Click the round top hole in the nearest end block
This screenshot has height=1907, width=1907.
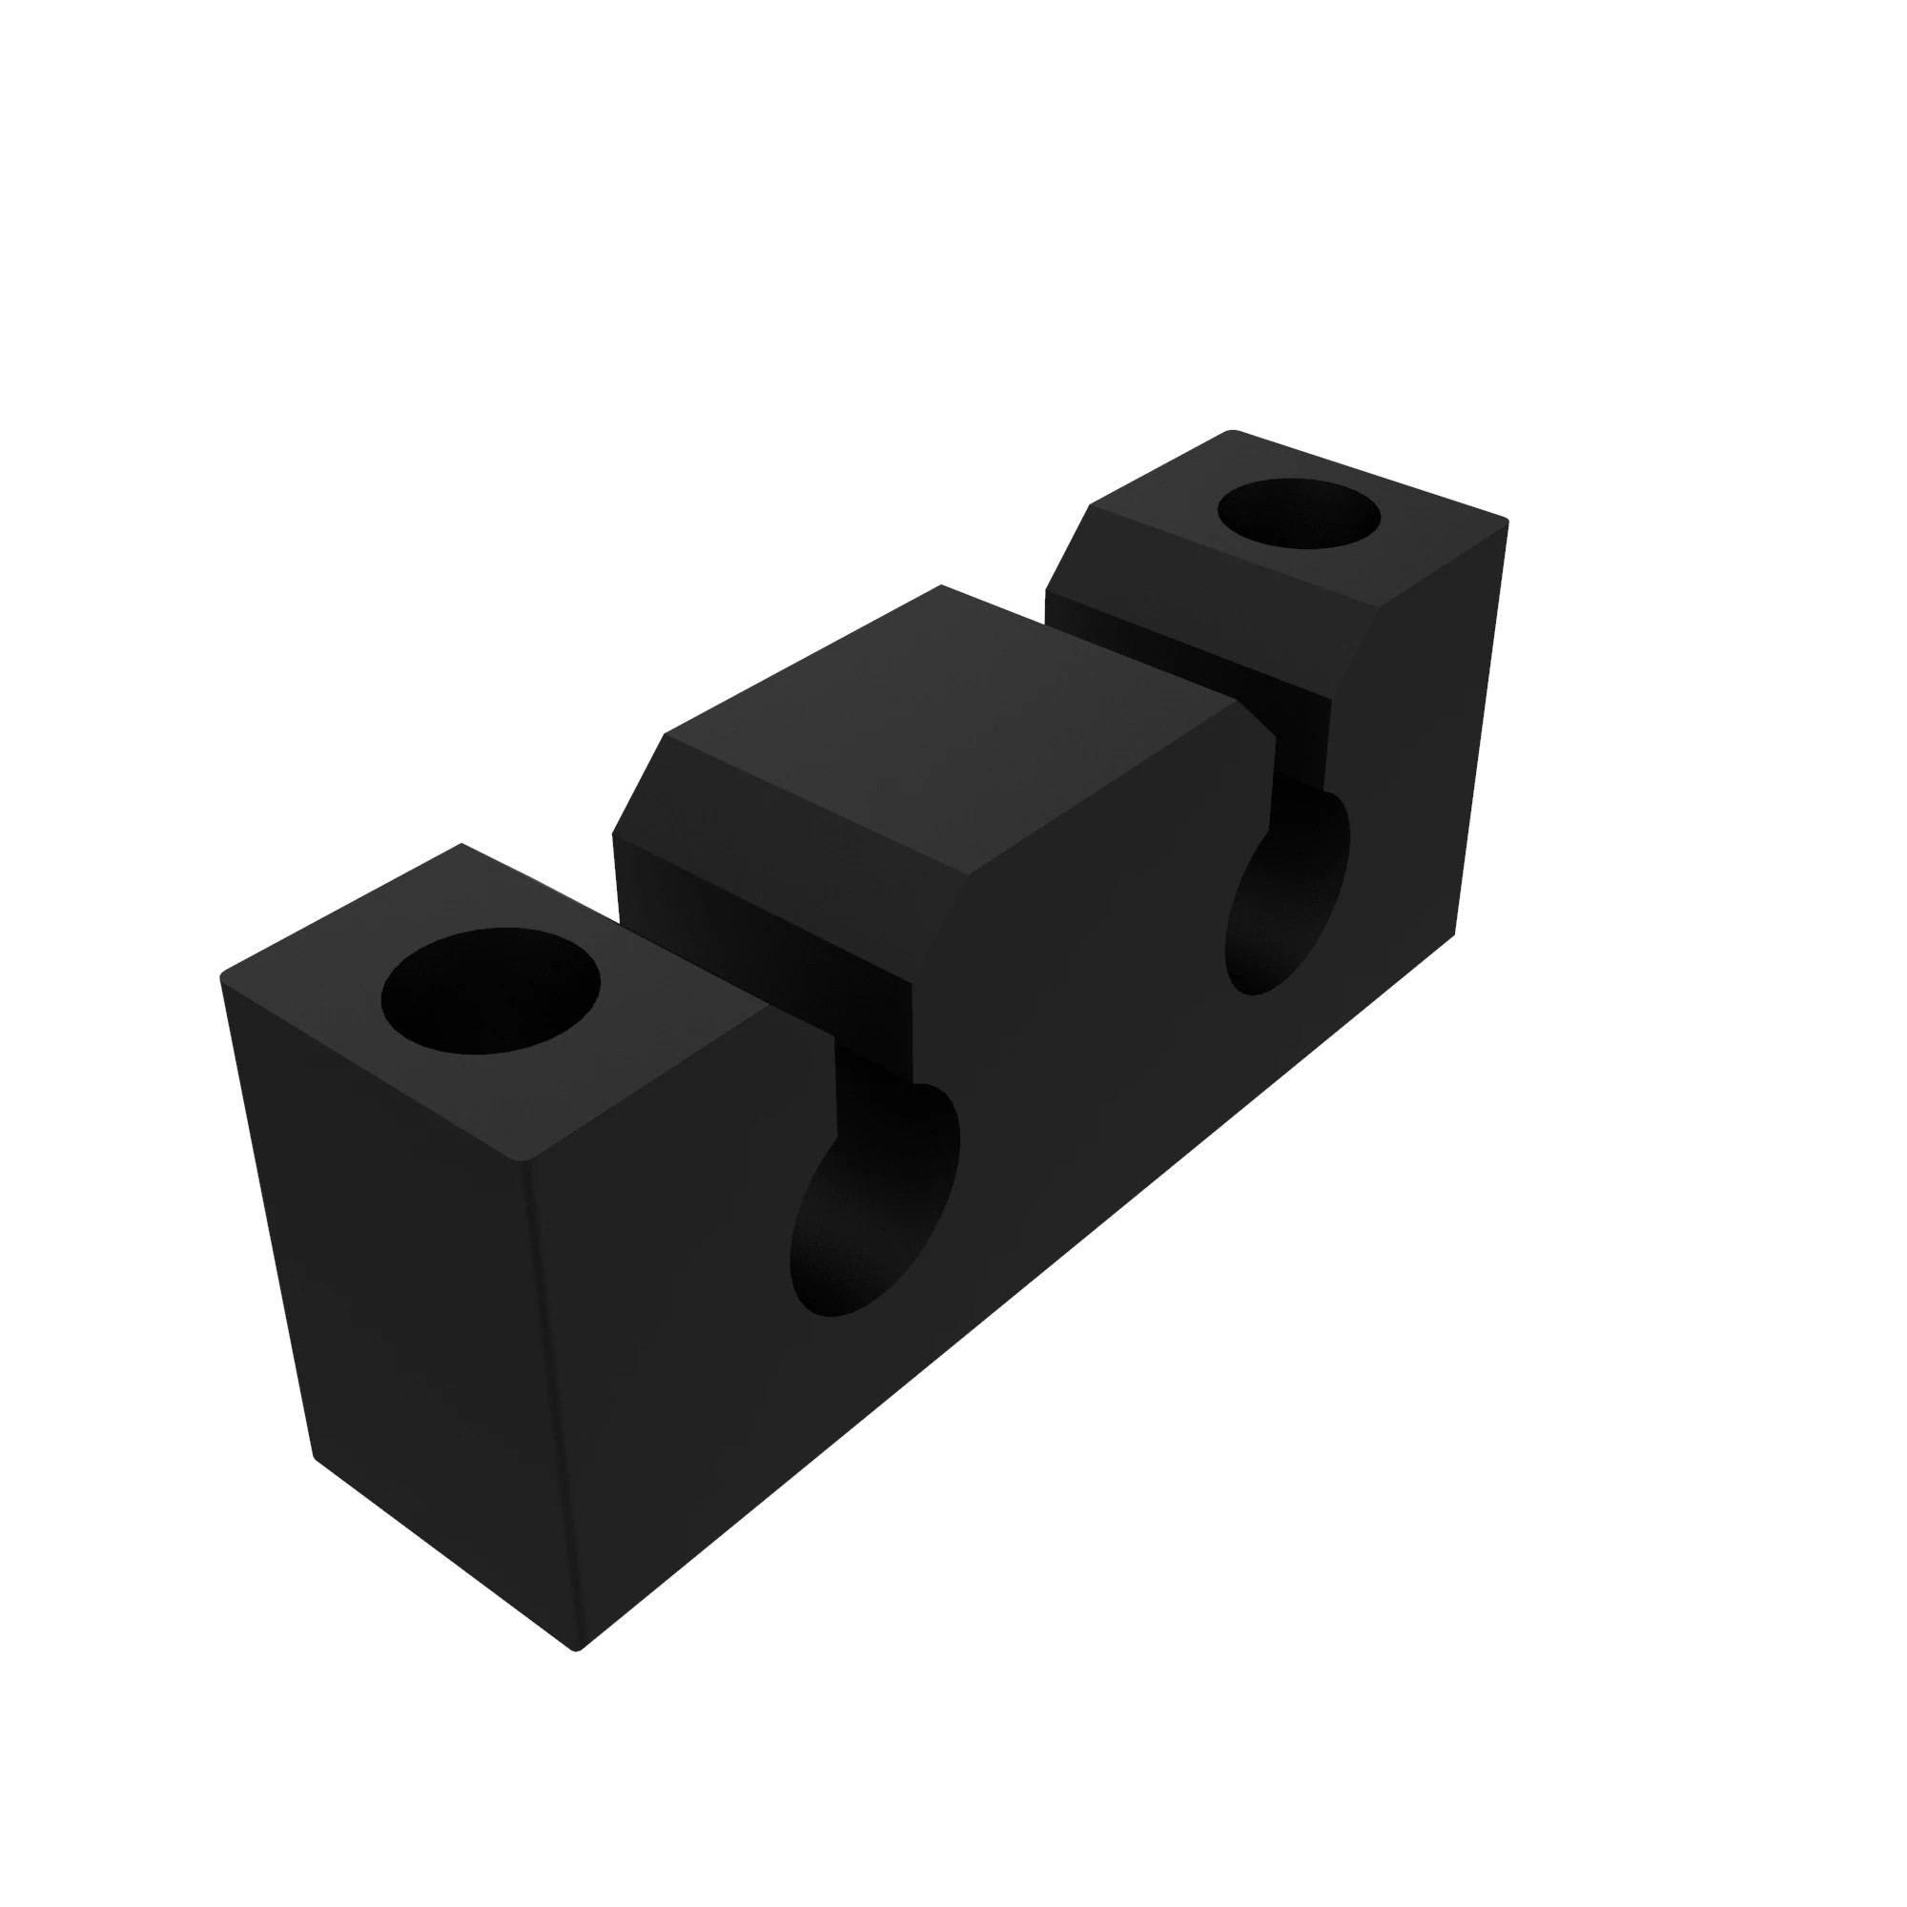[x=490, y=990]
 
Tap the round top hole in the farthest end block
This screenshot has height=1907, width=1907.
[x=1299, y=513]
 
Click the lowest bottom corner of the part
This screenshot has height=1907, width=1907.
[x=577, y=1650]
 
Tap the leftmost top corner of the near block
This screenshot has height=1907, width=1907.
[x=222, y=977]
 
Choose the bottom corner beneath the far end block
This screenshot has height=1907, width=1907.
[x=1454, y=933]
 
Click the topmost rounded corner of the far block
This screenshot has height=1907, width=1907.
[x=1231, y=431]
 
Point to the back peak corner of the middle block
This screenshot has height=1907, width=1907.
[x=942, y=585]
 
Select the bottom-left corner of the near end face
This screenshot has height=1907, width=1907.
[x=314, y=1456]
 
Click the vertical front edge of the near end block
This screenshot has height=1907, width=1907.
[x=553, y=1402]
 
